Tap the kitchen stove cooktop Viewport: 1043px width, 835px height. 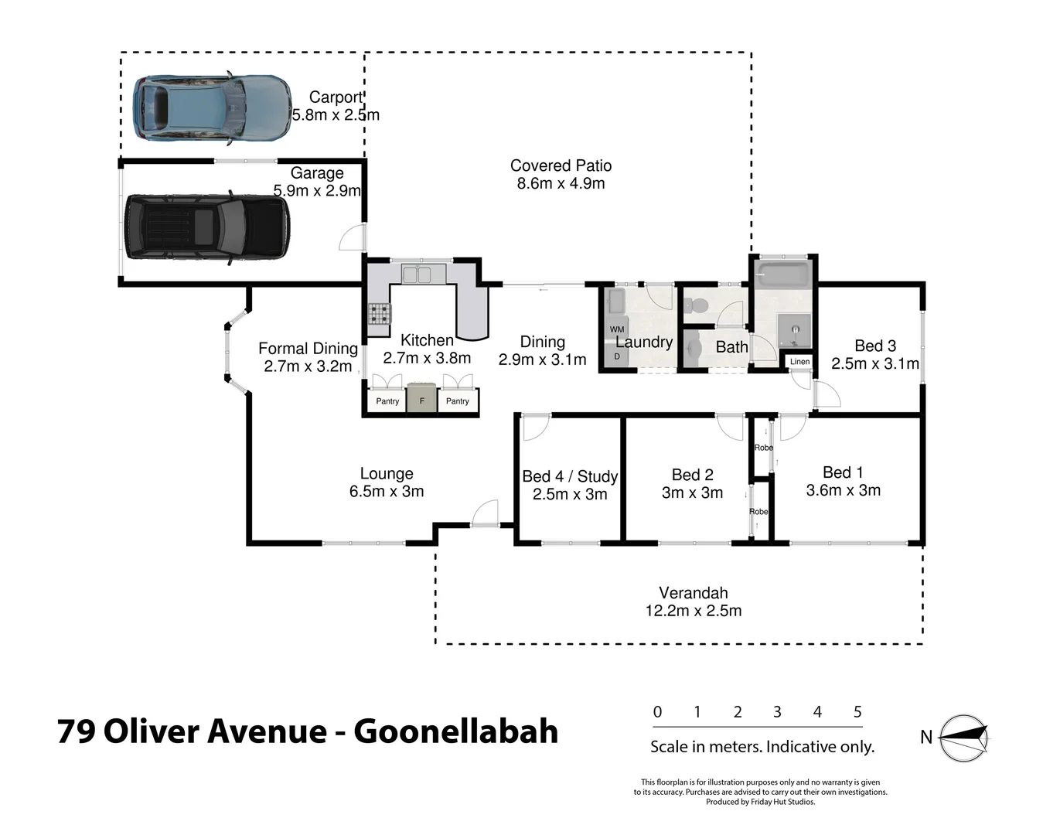pyautogui.click(x=379, y=313)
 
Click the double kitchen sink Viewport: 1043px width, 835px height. pyautogui.click(x=417, y=274)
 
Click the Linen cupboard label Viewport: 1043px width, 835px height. pyautogui.click(x=799, y=362)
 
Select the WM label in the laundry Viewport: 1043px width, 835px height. pyautogui.click(x=616, y=329)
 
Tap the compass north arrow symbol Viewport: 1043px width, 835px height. pyautogui.click(x=964, y=738)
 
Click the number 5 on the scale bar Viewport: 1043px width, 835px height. pyautogui.click(x=857, y=712)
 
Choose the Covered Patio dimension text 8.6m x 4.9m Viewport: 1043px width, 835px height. pyautogui.click(x=561, y=184)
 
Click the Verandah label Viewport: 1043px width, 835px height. pyautogui.click(x=693, y=593)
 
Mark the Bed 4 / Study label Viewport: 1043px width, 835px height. pyautogui.click(x=569, y=476)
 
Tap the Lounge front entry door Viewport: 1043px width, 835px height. pyautogui.click(x=485, y=513)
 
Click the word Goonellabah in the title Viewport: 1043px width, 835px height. pyautogui.click(x=455, y=731)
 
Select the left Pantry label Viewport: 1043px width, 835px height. pyautogui.click(x=387, y=401)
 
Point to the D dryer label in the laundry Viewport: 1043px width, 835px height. pyautogui.click(x=616, y=356)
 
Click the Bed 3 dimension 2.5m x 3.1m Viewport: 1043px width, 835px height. pyautogui.click(x=874, y=363)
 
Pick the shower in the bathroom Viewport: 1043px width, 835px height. pyautogui.click(x=793, y=331)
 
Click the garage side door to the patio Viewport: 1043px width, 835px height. pyautogui.click(x=353, y=237)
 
